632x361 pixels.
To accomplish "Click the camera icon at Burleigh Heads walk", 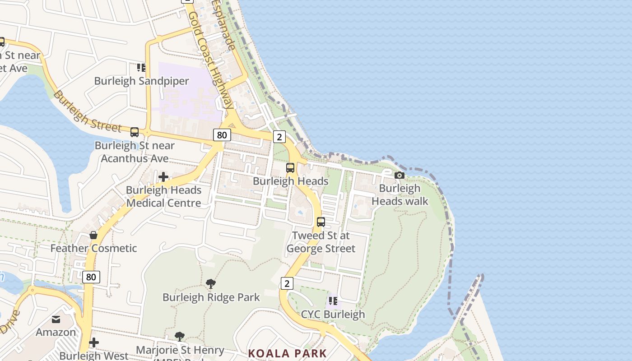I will pos(399,175).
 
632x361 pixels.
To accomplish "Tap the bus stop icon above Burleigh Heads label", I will pos(290,168).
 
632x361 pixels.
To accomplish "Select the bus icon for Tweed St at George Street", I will pos(321,222).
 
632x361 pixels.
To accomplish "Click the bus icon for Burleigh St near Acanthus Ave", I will pos(135,132).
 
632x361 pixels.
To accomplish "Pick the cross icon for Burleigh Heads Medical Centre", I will pos(163,177).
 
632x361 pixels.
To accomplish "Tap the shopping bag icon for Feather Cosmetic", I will pos(93,235).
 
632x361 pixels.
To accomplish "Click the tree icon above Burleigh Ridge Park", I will pos(210,284).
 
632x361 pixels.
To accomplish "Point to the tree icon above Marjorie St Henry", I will pos(180,336).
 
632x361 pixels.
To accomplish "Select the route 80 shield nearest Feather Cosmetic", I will pos(91,277).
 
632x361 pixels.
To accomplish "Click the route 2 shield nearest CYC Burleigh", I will pos(287,283).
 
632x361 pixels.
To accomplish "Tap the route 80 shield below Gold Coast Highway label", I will pos(222,135).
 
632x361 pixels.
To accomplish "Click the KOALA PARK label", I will pos(287,353).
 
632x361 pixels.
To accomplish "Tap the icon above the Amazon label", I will pos(56,319).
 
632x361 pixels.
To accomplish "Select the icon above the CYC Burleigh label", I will pos(333,301).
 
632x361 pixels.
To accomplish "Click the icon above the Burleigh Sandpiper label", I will pos(141,68).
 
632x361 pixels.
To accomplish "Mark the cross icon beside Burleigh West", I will pos(94,342).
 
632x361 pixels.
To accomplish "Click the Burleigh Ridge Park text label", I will pos(211,297).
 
